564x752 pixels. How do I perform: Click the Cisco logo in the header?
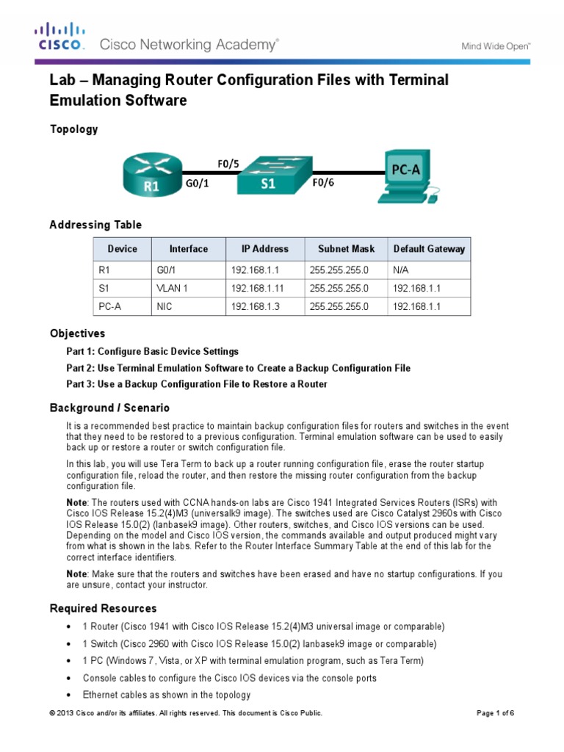point(61,37)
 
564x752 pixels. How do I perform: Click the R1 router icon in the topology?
point(151,173)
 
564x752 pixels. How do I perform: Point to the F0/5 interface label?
point(228,163)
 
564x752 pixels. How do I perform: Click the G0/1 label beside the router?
point(197,184)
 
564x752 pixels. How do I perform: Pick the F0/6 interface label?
point(323,184)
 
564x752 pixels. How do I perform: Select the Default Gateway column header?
point(429,249)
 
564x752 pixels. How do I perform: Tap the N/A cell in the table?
point(401,270)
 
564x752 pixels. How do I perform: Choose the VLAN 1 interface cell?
point(173,289)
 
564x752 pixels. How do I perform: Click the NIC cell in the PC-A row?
point(165,307)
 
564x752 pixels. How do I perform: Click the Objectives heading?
point(77,333)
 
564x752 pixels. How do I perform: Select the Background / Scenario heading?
point(109,408)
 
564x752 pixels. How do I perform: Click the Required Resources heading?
point(103,608)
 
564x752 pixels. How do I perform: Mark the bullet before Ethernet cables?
point(68,695)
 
